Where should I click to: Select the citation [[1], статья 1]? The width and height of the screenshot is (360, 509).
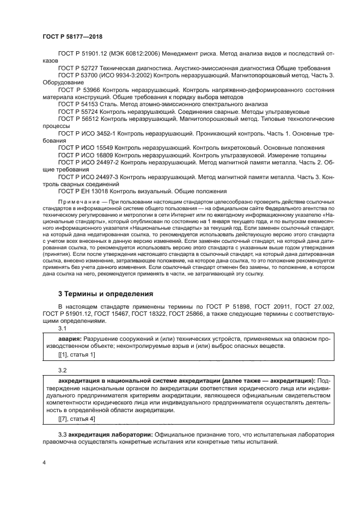point(76,355)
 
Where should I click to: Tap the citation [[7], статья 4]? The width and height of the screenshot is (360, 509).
point(76,419)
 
